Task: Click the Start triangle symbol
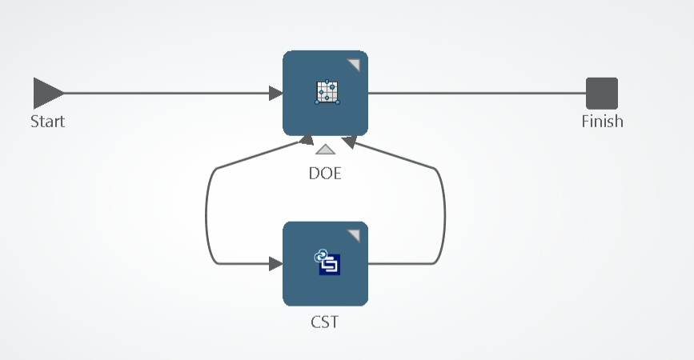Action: tap(46, 94)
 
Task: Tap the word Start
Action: tap(47, 122)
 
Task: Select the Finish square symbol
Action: tap(602, 94)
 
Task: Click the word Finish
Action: tap(602, 122)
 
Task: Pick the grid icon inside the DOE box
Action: tap(327, 93)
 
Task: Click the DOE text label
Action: tap(325, 172)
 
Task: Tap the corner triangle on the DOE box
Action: tap(354, 65)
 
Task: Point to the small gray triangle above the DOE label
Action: tap(325, 150)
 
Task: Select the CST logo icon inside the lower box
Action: tap(327, 262)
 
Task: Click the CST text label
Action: tap(325, 322)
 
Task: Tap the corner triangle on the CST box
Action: tap(354, 234)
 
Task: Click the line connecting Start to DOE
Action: tap(160, 94)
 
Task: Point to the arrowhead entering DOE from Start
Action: tap(276, 94)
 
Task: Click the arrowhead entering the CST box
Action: tap(276, 263)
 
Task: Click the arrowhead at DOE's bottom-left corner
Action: tap(305, 141)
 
